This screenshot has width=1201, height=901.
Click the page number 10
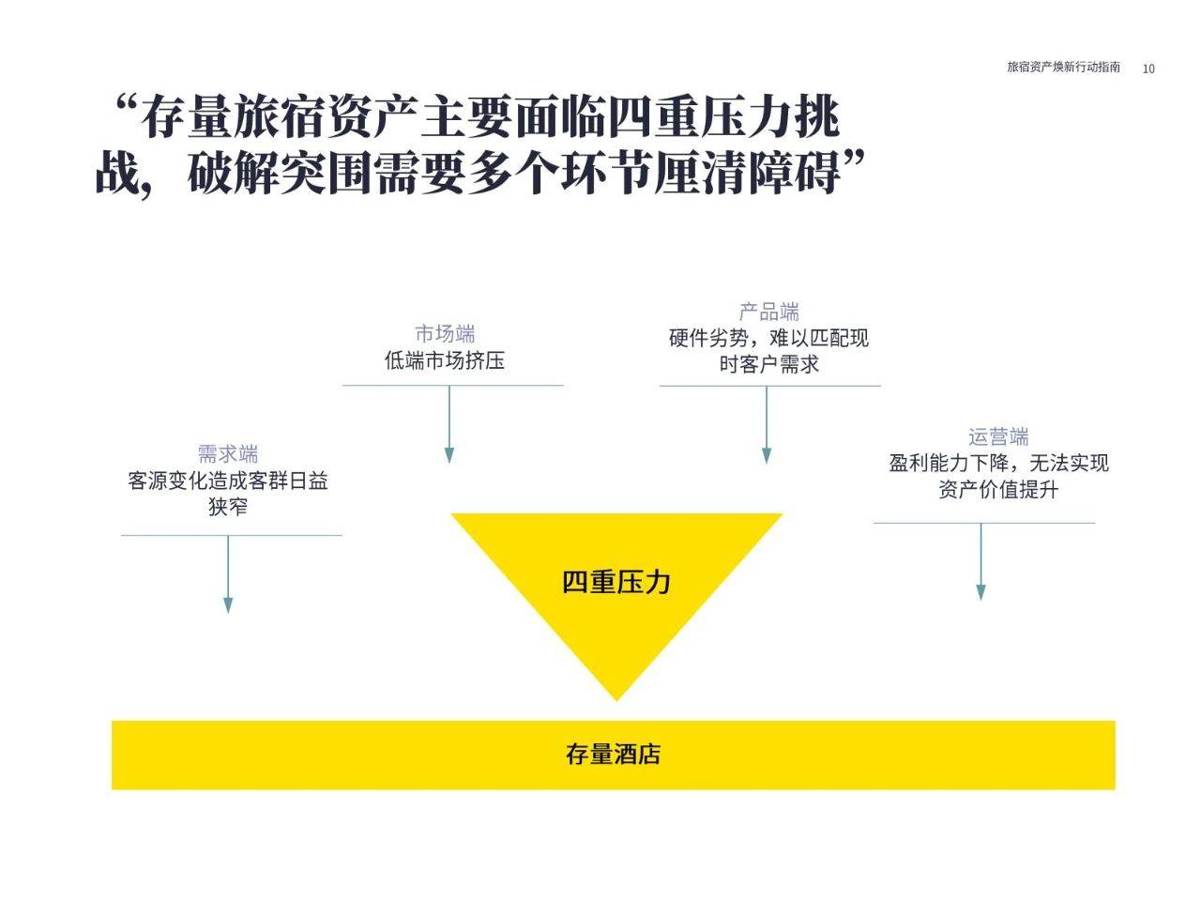(x=1148, y=69)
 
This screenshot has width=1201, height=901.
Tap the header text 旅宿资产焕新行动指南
(x=1063, y=67)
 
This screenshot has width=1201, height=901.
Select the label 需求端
(x=228, y=453)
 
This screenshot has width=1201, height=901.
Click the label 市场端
(x=445, y=333)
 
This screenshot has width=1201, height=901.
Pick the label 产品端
(x=768, y=312)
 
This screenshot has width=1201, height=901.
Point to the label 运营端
(x=998, y=436)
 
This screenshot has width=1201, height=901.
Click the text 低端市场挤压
(x=445, y=360)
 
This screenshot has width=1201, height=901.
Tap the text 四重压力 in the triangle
(x=616, y=582)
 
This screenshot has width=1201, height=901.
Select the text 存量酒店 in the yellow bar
(x=613, y=755)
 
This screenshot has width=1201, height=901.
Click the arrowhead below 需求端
(x=228, y=605)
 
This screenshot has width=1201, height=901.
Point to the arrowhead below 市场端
(x=449, y=455)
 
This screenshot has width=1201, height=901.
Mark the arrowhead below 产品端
(x=767, y=456)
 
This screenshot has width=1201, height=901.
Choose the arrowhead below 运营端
(x=981, y=592)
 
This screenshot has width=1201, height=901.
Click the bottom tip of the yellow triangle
(x=616, y=701)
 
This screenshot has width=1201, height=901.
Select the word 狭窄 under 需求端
(x=228, y=507)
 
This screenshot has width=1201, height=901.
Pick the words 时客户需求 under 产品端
(x=768, y=364)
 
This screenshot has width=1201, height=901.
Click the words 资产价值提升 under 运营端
(x=998, y=489)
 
